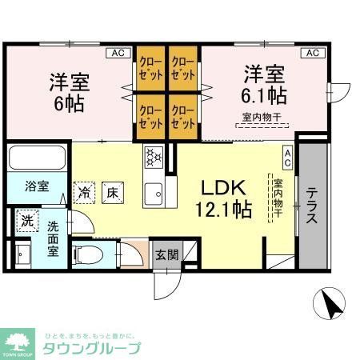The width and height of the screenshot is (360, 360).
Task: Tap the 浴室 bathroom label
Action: click(37, 187)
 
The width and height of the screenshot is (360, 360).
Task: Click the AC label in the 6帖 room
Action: click(118, 53)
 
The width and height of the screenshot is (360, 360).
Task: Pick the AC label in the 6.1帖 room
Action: click(312, 53)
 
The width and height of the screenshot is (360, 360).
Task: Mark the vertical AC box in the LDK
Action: click(287, 158)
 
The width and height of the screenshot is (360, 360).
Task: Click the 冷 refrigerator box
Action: click(85, 191)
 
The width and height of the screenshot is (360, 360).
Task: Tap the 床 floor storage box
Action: click(114, 191)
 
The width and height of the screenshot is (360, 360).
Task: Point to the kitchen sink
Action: click(154, 192)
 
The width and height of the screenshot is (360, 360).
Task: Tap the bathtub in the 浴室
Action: click(38, 158)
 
